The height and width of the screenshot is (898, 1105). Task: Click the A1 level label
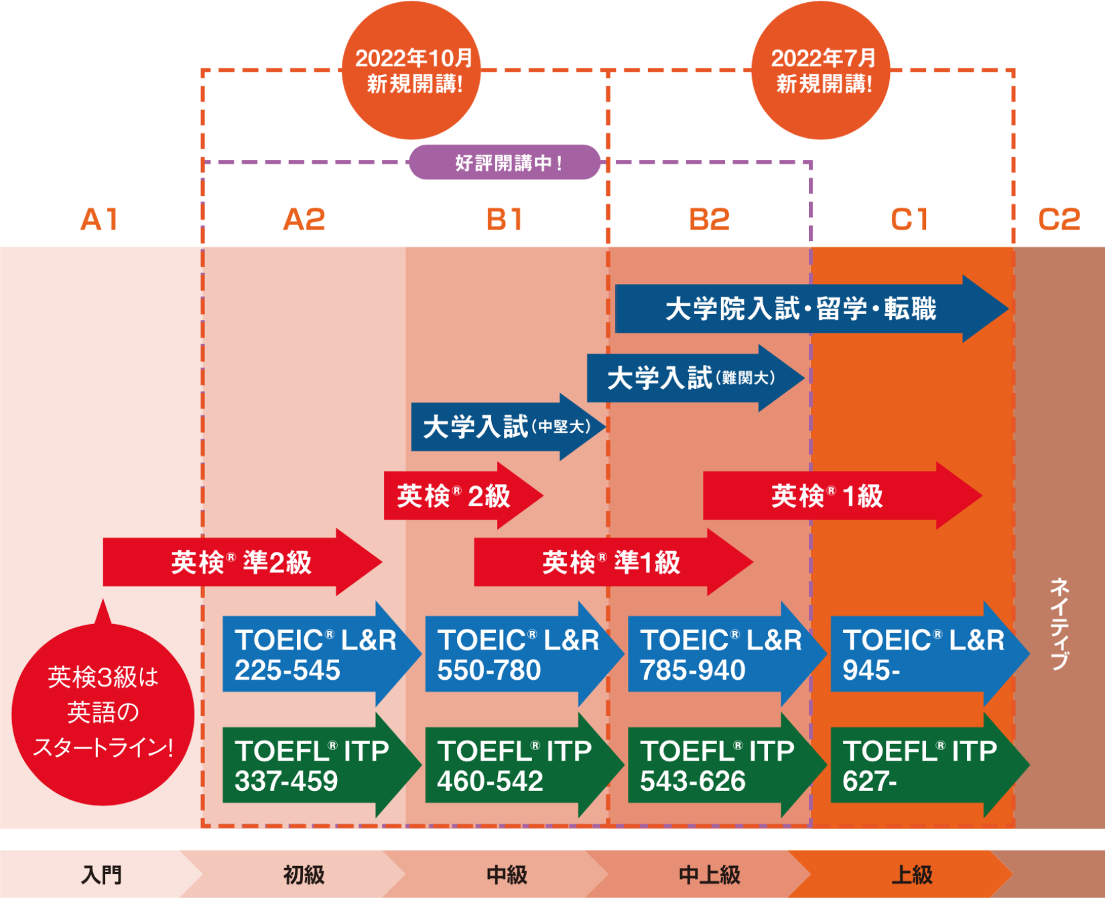click(99, 220)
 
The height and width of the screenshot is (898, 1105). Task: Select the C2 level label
click(1059, 220)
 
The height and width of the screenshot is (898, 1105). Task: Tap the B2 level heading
click(709, 220)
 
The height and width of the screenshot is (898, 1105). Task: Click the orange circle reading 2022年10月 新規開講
click(411, 71)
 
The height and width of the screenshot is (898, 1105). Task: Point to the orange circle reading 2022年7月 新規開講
click(822, 71)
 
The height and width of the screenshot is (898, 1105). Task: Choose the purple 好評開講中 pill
click(505, 163)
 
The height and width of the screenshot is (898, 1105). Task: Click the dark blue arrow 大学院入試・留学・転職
click(801, 309)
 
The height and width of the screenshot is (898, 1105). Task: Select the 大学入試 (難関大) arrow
click(690, 378)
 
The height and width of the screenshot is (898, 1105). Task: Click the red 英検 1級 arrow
click(828, 496)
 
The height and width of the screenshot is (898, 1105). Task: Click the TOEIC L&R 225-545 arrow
click(315, 655)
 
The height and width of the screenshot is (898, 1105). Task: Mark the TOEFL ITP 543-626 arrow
click(720, 765)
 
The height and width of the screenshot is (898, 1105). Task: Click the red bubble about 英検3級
click(103, 713)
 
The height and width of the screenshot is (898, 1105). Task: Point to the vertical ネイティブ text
click(1059, 623)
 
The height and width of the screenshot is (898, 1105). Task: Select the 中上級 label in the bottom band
click(709, 875)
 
